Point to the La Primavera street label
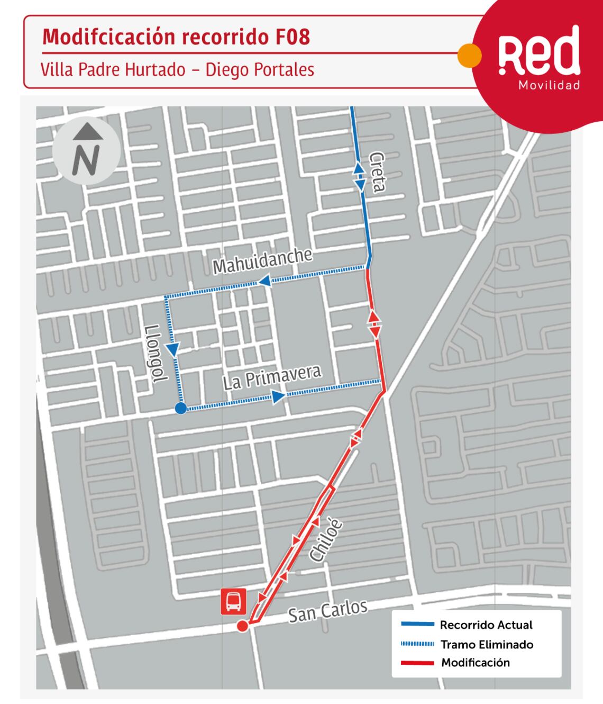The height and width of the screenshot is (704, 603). click(272, 377)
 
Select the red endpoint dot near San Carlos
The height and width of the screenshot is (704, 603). click(242, 627)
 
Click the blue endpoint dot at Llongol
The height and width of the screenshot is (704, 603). click(180, 408)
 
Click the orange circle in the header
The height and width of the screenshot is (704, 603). click(469, 55)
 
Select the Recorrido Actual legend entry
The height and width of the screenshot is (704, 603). click(486, 625)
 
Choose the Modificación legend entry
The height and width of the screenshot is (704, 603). click(476, 663)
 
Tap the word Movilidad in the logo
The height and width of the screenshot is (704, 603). click(550, 85)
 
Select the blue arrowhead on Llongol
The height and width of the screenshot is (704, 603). click(173, 349)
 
